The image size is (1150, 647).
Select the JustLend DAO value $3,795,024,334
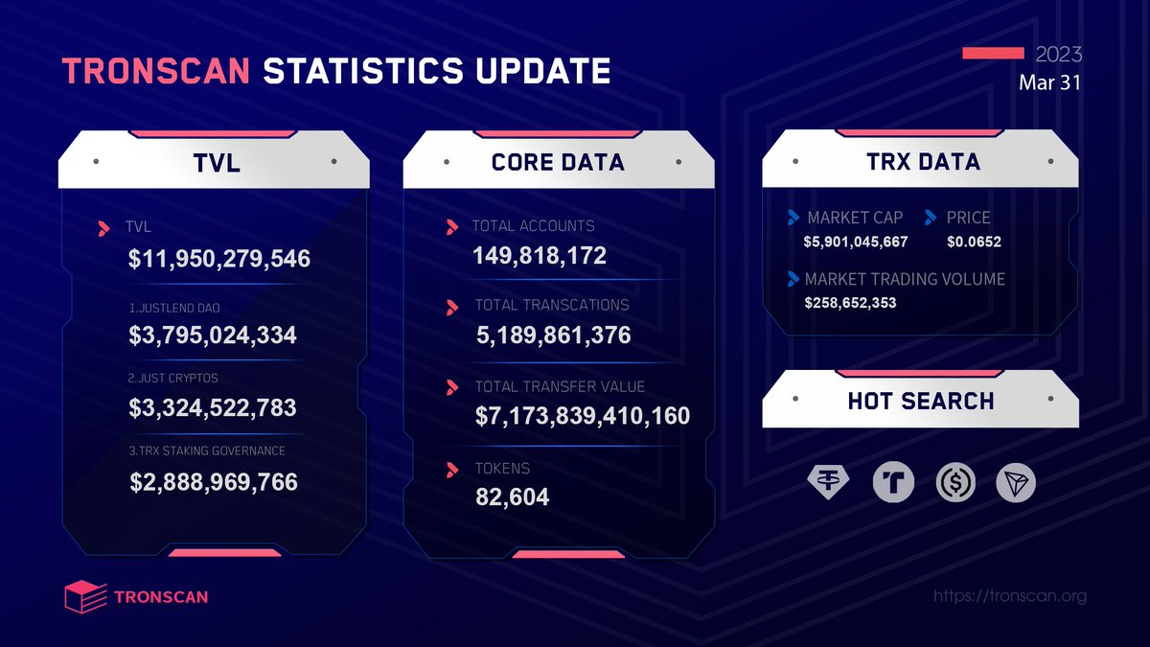click(x=213, y=335)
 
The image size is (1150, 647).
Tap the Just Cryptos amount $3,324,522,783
click(x=213, y=408)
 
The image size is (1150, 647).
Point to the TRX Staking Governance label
click(x=206, y=451)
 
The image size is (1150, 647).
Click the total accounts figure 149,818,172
click(x=540, y=256)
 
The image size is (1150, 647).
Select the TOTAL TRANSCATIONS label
click(x=552, y=305)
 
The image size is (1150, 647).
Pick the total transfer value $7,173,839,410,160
click(x=583, y=415)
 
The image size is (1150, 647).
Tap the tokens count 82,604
click(x=513, y=497)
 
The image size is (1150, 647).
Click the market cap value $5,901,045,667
click(x=855, y=242)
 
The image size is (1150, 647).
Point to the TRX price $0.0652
click(x=973, y=242)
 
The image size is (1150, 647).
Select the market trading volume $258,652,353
click(x=850, y=303)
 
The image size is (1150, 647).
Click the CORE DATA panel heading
click(x=558, y=163)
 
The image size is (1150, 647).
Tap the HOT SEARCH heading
click(x=920, y=402)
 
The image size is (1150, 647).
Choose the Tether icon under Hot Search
click(x=828, y=484)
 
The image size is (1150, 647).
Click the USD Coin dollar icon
click(x=955, y=484)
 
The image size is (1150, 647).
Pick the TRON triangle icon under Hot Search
click(x=1016, y=484)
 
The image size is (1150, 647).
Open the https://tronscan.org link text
click(x=1009, y=596)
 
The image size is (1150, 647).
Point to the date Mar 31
click(x=1049, y=83)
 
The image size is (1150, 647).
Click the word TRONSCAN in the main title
click(x=156, y=72)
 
